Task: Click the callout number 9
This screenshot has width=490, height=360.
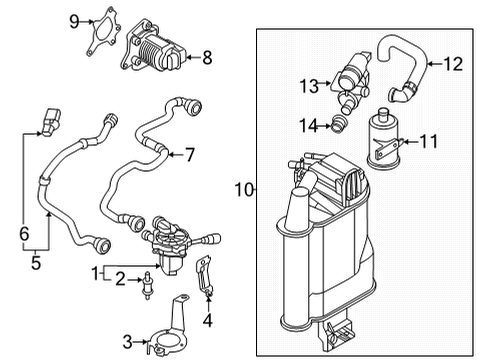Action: click(74, 22)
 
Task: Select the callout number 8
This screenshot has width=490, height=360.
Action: click(207, 57)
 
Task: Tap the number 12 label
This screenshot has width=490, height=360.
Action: click(453, 64)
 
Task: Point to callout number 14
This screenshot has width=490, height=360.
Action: click(308, 126)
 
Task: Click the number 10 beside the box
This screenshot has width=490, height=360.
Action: click(244, 190)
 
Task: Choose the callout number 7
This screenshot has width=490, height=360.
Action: click(190, 155)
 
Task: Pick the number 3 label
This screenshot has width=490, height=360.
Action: click(128, 342)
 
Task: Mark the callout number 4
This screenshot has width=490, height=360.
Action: click(208, 321)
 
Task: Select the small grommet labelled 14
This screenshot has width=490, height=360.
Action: click(339, 123)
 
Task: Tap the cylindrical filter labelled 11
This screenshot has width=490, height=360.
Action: click(384, 137)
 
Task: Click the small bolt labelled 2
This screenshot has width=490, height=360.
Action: click(147, 286)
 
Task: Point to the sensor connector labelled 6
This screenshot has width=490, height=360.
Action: click(51, 122)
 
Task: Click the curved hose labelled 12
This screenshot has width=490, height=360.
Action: click(404, 67)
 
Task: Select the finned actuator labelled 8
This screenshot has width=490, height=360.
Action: click(154, 47)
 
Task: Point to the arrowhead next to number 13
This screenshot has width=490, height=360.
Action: click(328, 83)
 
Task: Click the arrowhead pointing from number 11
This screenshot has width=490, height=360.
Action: click(404, 142)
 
